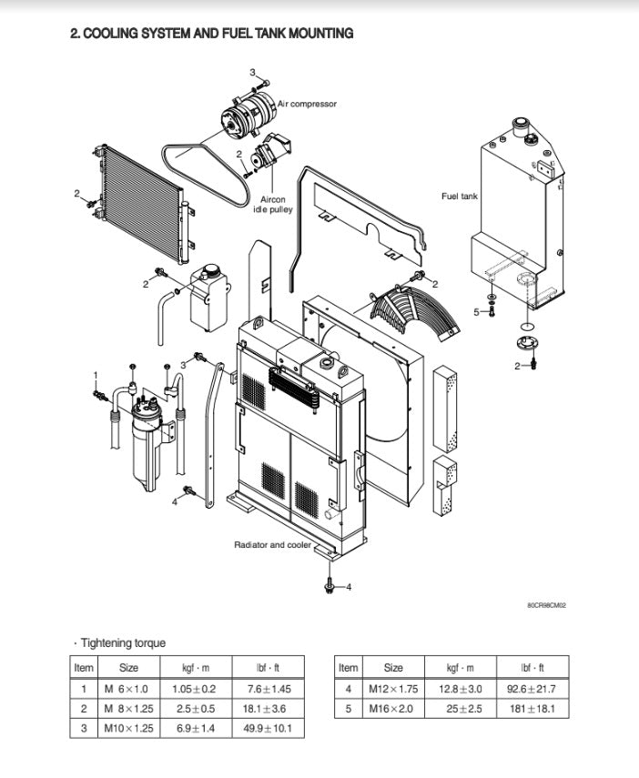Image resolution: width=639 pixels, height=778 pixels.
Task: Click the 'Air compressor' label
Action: [x=307, y=104]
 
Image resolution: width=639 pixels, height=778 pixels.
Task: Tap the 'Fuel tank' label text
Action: [x=459, y=196]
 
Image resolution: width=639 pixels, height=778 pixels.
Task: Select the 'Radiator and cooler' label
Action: [x=272, y=545]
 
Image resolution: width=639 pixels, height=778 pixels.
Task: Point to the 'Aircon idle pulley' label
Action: [x=273, y=205]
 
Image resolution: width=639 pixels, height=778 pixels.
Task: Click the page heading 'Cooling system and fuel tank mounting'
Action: [x=212, y=34]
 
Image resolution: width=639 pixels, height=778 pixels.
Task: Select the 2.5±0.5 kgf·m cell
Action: [x=195, y=708]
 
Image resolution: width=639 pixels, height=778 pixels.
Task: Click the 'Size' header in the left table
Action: [x=128, y=667]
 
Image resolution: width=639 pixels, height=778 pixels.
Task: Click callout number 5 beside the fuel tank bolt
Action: [x=475, y=312]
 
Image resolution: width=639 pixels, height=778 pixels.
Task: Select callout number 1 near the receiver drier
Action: [x=95, y=375]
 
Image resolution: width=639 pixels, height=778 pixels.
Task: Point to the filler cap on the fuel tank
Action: [x=522, y=123]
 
